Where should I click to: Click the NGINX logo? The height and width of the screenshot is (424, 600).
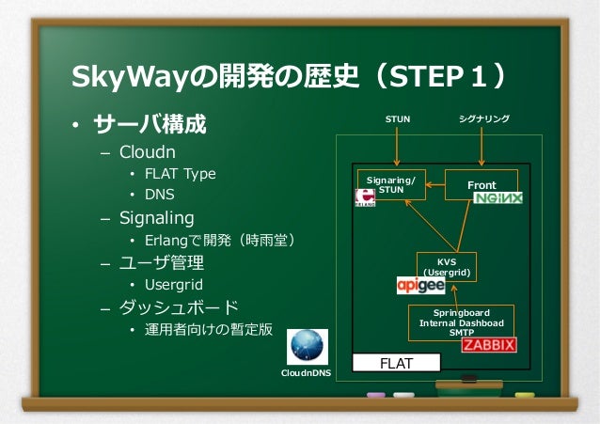point(497,198)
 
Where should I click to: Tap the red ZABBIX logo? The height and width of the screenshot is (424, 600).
point(488,345)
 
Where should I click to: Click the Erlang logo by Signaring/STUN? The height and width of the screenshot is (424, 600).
point(365,197)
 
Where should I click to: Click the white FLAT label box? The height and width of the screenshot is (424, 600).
point(395,363)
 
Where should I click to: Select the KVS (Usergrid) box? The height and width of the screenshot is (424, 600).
point(447,266)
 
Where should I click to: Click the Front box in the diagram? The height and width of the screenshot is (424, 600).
point(482,185)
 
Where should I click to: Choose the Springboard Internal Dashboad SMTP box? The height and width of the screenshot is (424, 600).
point(462,321)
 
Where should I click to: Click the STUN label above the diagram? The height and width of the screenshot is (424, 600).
point(399,119)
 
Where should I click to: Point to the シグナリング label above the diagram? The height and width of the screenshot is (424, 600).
point(483,119)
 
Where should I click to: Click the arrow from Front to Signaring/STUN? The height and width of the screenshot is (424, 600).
point(434,185)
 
